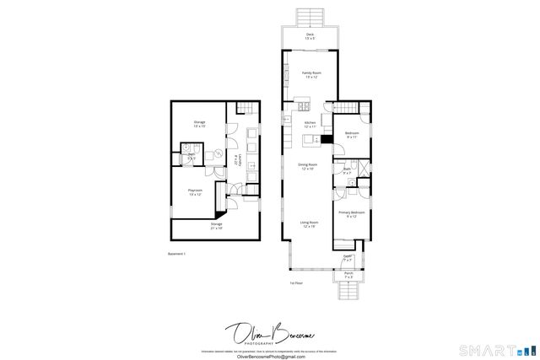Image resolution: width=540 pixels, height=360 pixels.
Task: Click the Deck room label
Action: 310,36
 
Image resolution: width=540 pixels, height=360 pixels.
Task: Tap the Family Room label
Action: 311,75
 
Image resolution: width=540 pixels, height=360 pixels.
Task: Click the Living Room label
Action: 309,224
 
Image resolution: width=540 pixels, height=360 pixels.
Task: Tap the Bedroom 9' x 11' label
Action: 352,135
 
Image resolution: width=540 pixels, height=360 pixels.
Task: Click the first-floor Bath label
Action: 347,171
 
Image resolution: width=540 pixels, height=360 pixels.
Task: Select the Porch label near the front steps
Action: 348,275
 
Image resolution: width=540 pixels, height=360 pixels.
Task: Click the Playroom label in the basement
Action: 194,192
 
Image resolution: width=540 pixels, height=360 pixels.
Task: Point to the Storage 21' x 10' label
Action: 217,226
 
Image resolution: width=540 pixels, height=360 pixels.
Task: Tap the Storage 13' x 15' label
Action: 199,124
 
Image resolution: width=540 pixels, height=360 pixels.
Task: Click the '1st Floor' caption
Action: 296,282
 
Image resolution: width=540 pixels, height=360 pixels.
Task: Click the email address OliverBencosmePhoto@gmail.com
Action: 268,356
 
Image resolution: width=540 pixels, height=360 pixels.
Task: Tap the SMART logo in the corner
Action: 495,349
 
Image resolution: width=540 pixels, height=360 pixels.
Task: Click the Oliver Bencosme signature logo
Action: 268,332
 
